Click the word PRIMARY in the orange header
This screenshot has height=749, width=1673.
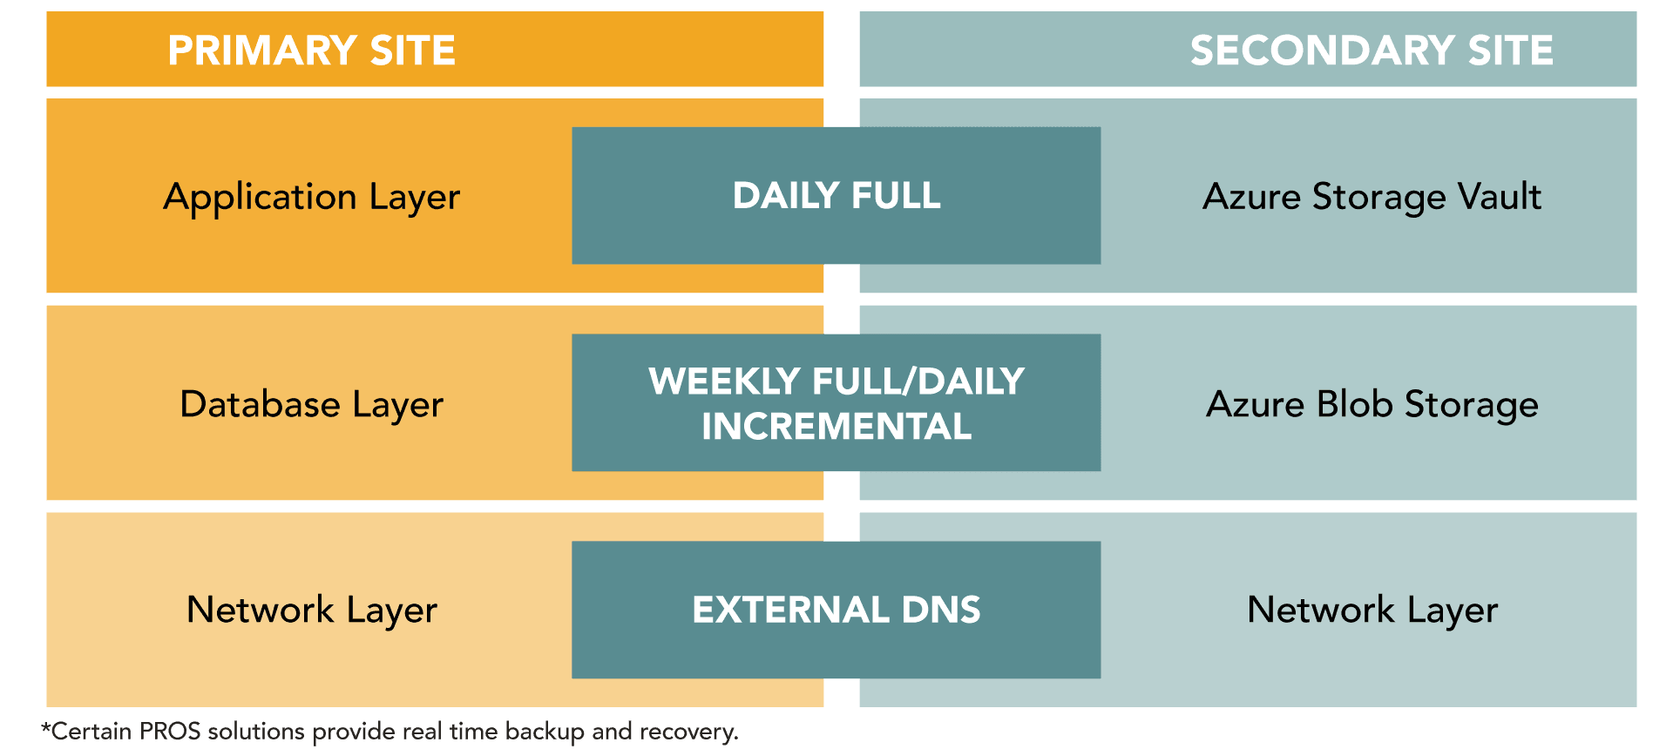coord(261,51)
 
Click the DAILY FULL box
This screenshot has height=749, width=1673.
coord(836,195)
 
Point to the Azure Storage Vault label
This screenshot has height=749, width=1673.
coord(1372,198)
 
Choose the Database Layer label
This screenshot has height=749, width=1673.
coord(312,405)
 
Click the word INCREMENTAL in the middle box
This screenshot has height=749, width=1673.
coord(836,427)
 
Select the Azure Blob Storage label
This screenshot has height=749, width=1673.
coord(1372,405)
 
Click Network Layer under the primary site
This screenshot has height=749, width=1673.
coord(312,611)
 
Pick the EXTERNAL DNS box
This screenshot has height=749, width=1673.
coord(836,610)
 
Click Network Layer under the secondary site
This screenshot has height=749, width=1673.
coord(1372,611)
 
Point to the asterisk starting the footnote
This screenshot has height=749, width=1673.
coord(46,726)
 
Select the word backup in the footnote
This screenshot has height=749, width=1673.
coord(545,732)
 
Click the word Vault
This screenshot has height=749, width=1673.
coord(1500,197)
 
